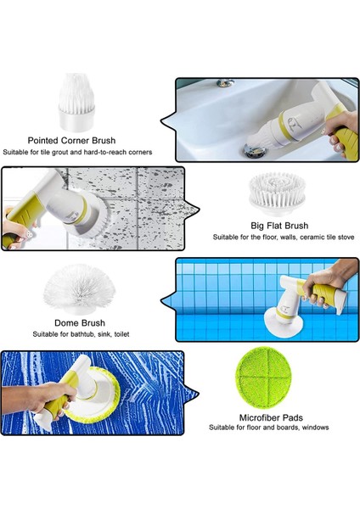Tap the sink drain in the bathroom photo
[254, 149]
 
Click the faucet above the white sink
[226, 83]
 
